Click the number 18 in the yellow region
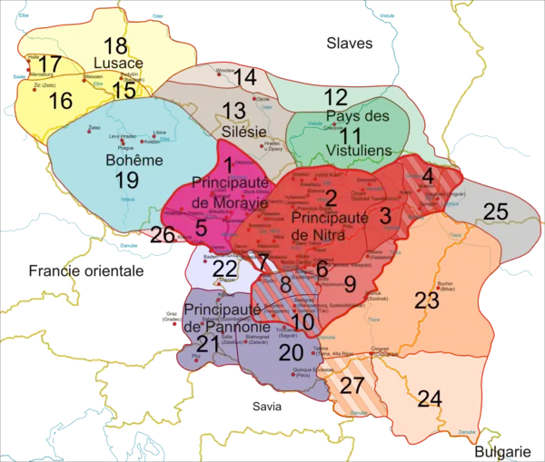(114, 46)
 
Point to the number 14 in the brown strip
(245, 78)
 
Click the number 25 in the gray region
(495, 212)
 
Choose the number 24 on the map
(430, 397)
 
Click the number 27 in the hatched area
(352, 384)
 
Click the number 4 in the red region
(427, 175)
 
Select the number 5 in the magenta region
(201, 228)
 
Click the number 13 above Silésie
(233, 111)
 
